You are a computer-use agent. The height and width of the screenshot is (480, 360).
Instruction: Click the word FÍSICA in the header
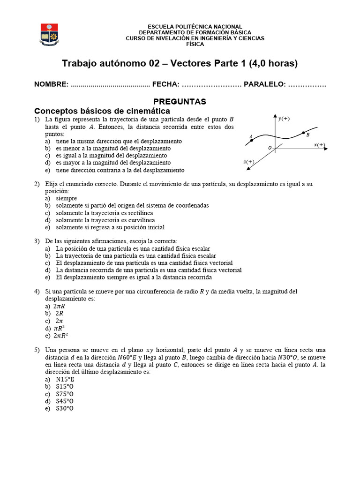(x=195, y=44)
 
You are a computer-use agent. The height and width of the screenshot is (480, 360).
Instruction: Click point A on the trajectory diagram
(x=252, y=140)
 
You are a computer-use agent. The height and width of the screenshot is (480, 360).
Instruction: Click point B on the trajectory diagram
(x=303, y=133)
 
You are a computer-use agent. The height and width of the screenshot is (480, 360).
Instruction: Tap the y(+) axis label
(x=284, y=119)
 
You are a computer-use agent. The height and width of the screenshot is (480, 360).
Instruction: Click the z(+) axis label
(x=248, y=162)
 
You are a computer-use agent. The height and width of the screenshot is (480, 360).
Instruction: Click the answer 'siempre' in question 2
(x=67, y=198)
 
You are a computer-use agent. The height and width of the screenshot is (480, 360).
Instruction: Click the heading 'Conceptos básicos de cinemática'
(x=102, y=111)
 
